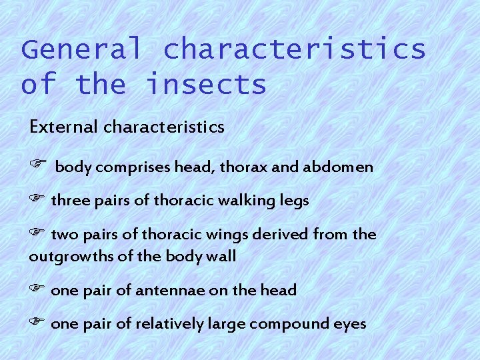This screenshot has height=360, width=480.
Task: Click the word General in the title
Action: [82, 50]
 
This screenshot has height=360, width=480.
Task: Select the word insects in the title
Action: [206, 85]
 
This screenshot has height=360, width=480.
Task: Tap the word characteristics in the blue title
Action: [294, 50]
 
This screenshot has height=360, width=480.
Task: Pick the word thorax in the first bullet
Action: [245, 167]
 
